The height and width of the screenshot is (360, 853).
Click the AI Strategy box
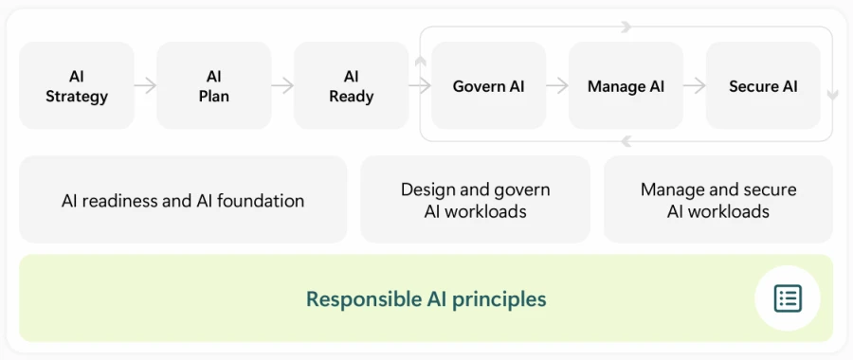click(77, 86)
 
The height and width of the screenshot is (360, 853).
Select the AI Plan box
click(214, 86)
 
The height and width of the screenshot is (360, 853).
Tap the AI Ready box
click(351, 86)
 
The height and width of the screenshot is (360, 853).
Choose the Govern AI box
click(488, 86)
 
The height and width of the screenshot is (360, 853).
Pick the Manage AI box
click(626, 86)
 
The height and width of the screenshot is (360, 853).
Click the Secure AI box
click(763, 86)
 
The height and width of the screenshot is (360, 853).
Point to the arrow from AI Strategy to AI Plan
click(145, 86)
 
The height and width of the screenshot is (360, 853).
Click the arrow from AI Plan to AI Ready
click(282, 86)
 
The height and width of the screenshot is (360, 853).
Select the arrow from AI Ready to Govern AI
click(419, 86)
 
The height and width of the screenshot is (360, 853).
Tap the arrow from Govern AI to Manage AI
click(557, 86)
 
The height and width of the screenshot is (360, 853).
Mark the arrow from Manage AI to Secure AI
click(695, 86)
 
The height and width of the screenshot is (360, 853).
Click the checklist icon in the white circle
click(788, 298)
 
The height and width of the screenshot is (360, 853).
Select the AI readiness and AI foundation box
click(183, 201)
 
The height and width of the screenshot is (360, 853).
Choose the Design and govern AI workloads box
click(475, 201)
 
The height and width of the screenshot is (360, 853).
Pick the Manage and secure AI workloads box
click(718, 201)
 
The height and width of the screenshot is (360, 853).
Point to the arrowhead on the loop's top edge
click(626, 27)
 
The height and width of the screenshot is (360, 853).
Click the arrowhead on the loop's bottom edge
click(626, 141)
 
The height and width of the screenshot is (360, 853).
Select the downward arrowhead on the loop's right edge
click(832, 96)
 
